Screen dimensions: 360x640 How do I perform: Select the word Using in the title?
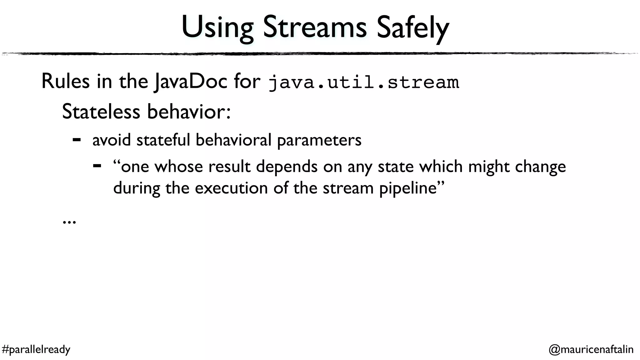click(217, 28)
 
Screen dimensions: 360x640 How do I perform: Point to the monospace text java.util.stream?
click(364, 82)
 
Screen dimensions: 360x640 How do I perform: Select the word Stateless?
click(101, 112)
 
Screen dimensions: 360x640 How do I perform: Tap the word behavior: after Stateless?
click(189, 112)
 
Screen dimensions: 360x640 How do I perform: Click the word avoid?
click(111, 140)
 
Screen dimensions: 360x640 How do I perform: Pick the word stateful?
click(163, 140)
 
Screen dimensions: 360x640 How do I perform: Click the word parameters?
click(319, 140)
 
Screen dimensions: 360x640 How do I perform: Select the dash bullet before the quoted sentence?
click(97, 166)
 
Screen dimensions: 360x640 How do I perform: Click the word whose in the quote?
click(179, 166)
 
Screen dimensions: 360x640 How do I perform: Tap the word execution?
click(231, 188)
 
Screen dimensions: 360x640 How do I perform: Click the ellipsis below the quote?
click(69, 222)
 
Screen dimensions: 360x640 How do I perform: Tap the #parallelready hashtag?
click(36, 349)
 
